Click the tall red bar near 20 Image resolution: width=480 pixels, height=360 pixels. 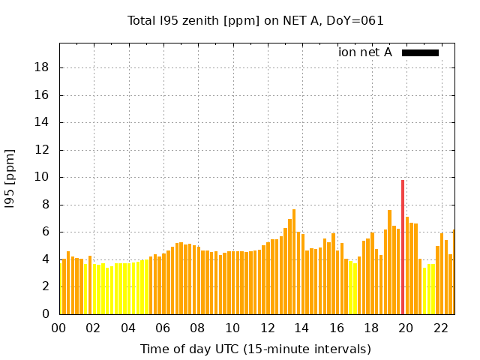click(403, 247)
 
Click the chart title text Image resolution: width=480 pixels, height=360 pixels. click(255, 21)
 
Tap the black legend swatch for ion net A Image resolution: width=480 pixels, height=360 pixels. click(420, 52)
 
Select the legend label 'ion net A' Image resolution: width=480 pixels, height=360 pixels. click(365, 52)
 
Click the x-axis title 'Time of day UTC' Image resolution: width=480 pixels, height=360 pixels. click(255, 349)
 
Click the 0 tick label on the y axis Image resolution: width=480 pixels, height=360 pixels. click(46, 314)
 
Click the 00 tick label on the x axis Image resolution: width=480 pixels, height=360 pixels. click(59, 328)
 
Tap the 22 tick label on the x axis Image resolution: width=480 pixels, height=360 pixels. click(441, 328)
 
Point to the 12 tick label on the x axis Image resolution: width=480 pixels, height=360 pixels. click(268, 328)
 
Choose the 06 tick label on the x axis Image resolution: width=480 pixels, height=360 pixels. click(163, 328)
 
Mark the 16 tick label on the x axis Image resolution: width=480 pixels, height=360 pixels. click(337, 328)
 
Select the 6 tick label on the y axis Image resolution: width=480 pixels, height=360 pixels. click(46, 232)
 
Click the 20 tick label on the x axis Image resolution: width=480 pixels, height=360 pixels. click(406, 328)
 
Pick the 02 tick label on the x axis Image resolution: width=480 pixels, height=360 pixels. click(94, 328)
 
